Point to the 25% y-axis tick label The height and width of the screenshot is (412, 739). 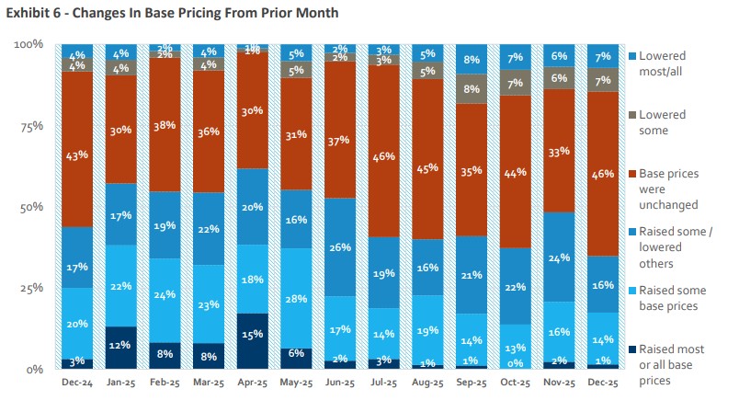click(x=31, y=288)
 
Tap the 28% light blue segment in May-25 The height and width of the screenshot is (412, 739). click(x=296, y=299)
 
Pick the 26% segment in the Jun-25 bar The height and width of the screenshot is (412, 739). click(x=340, y=247)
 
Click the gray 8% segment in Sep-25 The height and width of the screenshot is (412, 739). click(x=472, y=89)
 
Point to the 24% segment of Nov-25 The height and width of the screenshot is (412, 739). click(x=559, y=257)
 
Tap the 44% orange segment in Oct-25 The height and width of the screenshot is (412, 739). click(x=516, y=172)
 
